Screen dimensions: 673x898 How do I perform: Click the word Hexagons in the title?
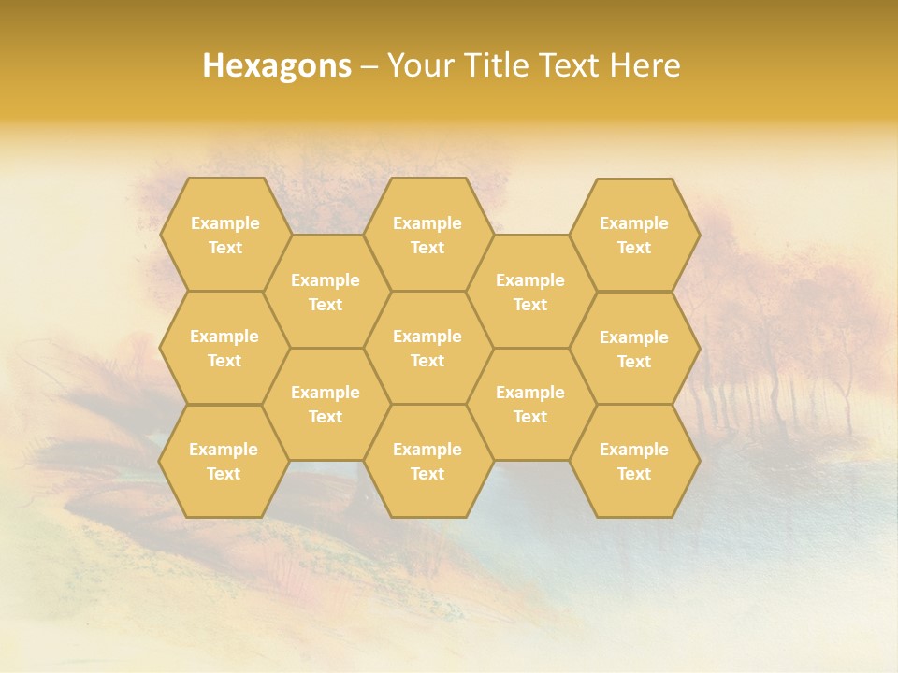277,65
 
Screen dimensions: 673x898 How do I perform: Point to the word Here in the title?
645,65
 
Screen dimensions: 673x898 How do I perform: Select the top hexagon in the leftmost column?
224,235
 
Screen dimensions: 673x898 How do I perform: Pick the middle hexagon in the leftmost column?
224,348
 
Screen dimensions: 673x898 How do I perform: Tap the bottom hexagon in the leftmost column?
224,461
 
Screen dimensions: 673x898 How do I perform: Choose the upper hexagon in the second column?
326,292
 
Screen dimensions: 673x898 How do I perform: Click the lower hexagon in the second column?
326,404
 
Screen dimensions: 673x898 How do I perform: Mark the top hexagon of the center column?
427,235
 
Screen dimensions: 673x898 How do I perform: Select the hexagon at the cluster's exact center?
427,348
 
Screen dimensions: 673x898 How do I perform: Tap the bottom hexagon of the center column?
427,461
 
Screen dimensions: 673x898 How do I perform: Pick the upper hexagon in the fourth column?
530,292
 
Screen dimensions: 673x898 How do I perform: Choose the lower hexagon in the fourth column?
530,404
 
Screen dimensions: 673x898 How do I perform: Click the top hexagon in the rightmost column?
634,235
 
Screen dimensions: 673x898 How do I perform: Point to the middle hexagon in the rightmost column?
634,349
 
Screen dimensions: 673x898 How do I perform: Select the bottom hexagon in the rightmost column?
634,461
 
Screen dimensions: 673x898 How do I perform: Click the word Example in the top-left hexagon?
224,222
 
